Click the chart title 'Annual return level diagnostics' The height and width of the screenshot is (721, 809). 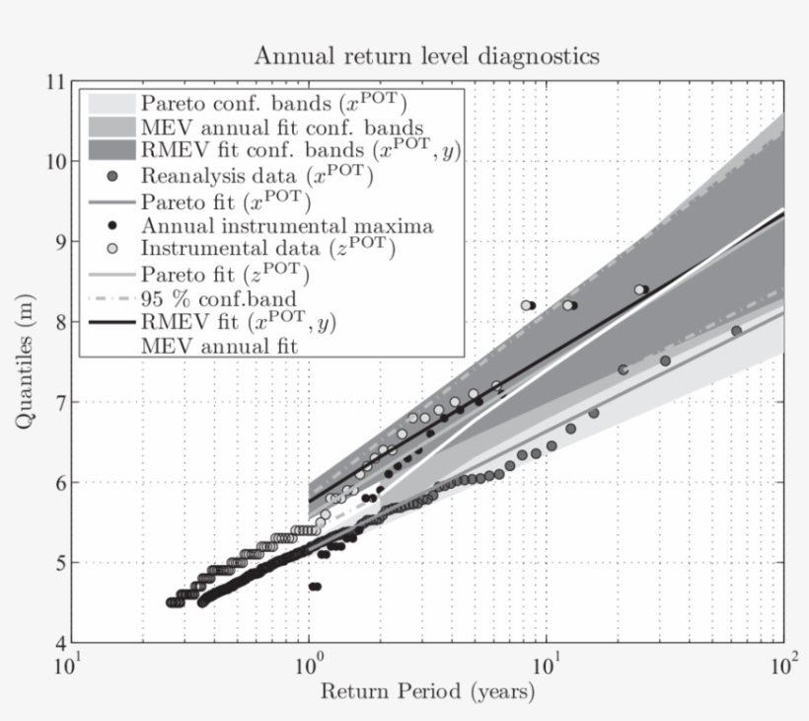tap(426, 55)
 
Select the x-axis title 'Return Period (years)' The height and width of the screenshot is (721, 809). tap(427, 690)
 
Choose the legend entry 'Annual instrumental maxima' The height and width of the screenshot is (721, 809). tap(286, 226)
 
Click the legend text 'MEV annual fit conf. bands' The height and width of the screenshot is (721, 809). tap(282, 127)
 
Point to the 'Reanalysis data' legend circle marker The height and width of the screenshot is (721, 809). tap(112, 177)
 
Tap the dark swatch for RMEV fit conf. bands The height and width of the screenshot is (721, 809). tap(111, 152)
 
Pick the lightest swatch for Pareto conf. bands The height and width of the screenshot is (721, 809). tap(111, 103)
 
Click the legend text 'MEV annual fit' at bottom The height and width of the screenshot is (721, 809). tap(217, 347)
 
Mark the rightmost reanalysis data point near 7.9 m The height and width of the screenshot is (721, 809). tap(736, 331)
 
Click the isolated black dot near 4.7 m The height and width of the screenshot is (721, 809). tap(315, 586)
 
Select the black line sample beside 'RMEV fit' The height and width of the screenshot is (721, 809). tap(111, 322)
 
